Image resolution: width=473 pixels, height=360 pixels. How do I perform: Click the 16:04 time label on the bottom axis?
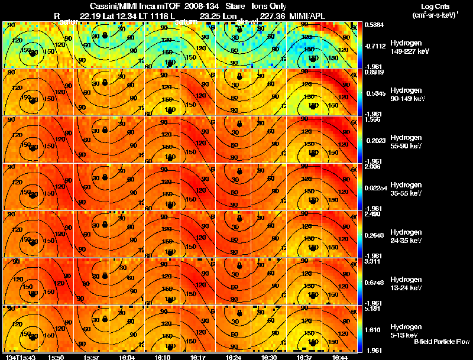[x=127, y=357]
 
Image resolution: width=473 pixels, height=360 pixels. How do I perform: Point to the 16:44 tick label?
[x=340, y=357]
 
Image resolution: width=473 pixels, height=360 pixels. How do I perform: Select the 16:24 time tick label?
[x=234, y=357]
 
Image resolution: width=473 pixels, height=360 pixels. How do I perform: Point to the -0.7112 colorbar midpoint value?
[x=375, y=44]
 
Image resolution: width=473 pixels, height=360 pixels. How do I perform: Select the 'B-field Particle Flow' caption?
[x=441, y=342]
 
